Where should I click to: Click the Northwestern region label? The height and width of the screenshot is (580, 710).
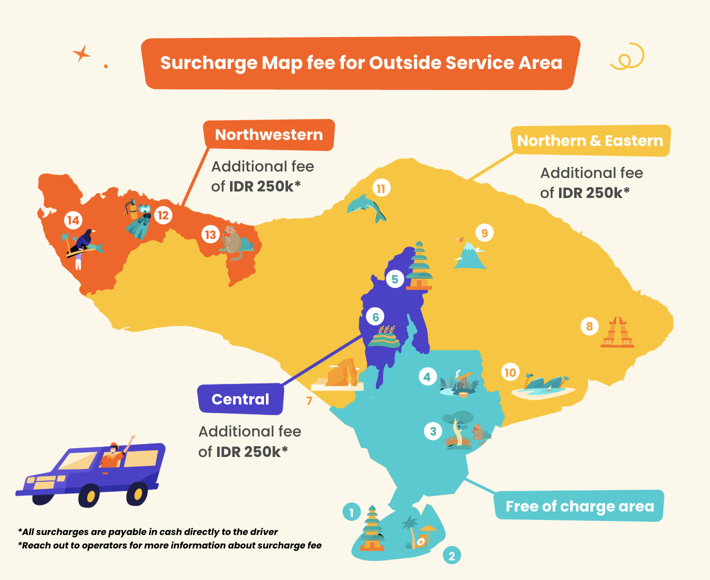click(x=268, y=135)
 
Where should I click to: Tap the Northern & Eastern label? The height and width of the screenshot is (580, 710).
click(x=590, y=141)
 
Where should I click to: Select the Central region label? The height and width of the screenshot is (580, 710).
click(x=240, y=399)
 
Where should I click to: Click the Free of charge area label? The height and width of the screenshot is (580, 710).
click(x=579, y=506)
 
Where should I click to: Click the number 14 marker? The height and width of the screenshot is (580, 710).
click(x=73, y=220)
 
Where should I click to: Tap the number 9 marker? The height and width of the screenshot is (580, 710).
click(x=484, y=233)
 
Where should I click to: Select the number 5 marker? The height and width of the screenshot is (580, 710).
click(x=395, y=279)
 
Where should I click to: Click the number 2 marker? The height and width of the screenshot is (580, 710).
click(x=451, y=555)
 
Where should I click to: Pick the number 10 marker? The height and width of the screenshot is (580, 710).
click(x=510, y=372)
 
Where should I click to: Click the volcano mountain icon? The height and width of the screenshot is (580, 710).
click(x=469, y=255)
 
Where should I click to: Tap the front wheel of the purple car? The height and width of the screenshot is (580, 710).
click(x=90, y=495)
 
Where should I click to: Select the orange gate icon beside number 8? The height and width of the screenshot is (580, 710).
click(x=618, y=332)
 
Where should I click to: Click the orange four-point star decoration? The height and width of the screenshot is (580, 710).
click(x=81, y=53)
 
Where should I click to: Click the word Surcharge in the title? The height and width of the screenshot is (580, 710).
click(x=208, y=63)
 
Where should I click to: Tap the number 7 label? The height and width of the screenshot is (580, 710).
click(x=309, y=400)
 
